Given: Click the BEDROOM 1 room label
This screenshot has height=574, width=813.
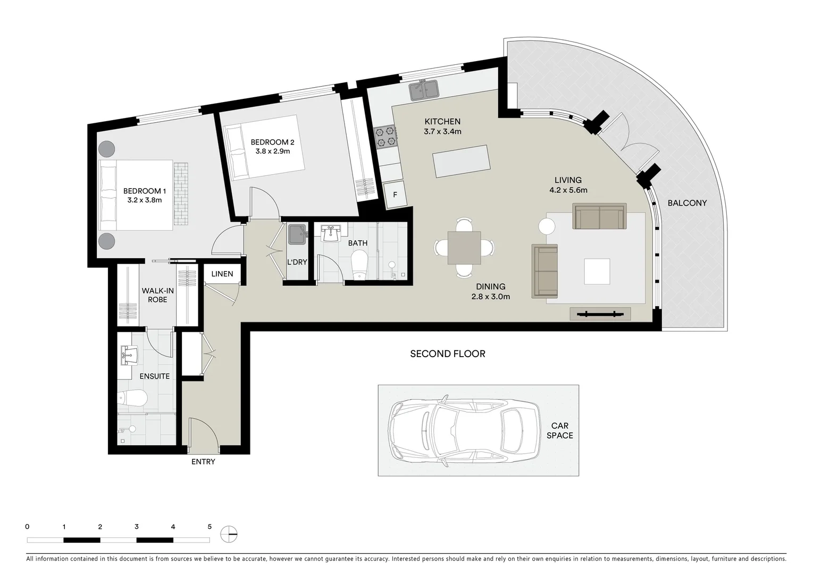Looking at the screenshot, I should pos(144,191).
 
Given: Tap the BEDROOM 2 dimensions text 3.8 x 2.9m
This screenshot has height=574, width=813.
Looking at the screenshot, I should pos(272,151).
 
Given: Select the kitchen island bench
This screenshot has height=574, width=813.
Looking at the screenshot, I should pos(462,161).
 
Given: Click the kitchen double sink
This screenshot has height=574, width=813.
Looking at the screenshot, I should pos(424,90).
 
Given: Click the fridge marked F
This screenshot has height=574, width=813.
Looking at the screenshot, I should pos(395,195).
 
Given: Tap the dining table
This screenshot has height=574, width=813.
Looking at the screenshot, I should pos(464,248).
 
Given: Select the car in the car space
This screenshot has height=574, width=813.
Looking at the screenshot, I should pos(464,430).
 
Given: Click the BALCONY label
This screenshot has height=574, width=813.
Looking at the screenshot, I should pos(687,203).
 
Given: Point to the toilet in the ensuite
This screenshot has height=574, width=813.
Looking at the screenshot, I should pos(132,398).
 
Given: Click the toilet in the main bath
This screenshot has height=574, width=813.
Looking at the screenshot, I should pos(360,264).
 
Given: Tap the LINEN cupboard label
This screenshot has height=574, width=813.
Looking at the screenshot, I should pos(222,274).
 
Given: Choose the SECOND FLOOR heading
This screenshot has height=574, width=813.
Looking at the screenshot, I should pos(447,354).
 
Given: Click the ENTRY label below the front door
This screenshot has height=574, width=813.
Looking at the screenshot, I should pos(203,462).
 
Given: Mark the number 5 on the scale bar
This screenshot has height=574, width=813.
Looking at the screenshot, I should pos(209,527).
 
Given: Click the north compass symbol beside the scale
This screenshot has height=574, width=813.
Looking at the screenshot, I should pos(230,534).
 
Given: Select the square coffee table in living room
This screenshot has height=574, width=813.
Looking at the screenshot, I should pos(597,272).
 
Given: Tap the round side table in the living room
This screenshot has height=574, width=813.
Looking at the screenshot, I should pos(547,226).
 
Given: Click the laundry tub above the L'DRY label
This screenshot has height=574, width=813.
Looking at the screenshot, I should pos(297,234).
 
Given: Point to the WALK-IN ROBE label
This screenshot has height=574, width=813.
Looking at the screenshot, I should pos(157,295).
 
